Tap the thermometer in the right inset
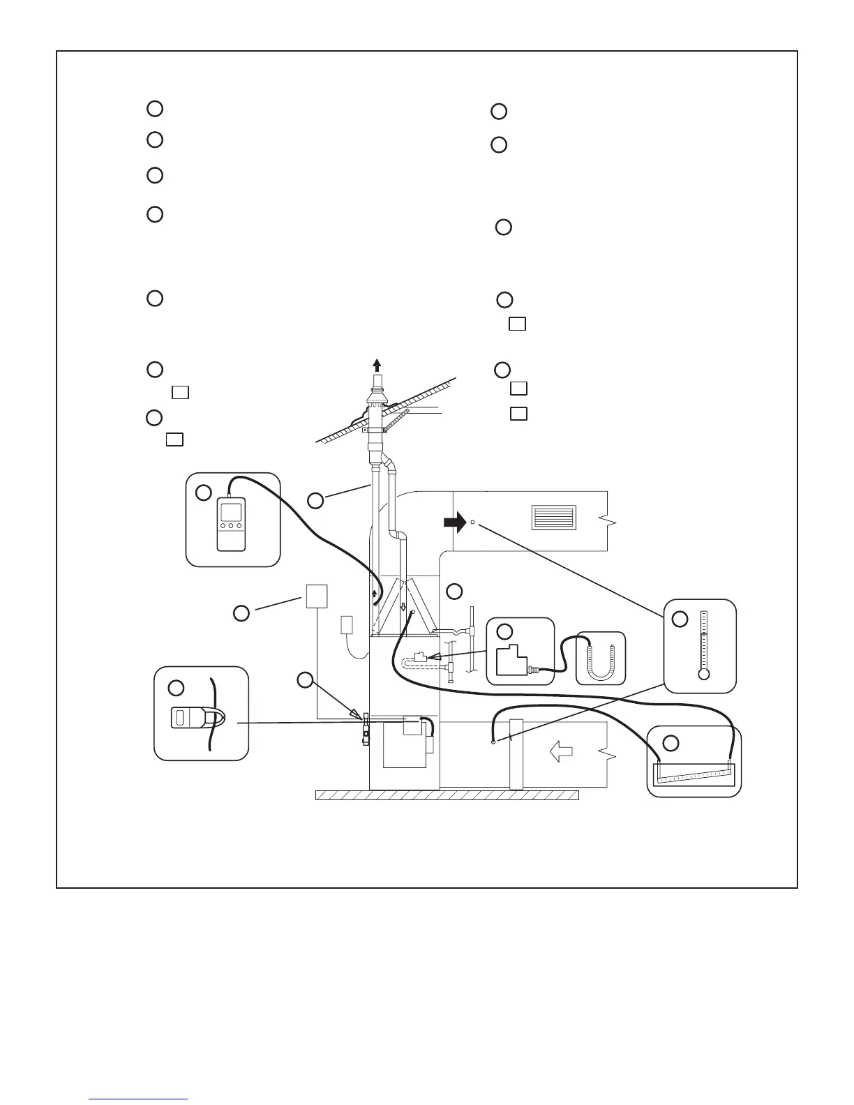703,645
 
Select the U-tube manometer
601,659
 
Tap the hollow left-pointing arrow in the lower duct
562,752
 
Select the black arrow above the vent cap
377,365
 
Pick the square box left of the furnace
317,596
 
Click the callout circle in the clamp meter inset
176,688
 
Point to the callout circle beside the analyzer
203,493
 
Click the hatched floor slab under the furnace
447,795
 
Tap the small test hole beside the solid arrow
472,522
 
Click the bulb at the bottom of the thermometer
703,675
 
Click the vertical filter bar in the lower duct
516,754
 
